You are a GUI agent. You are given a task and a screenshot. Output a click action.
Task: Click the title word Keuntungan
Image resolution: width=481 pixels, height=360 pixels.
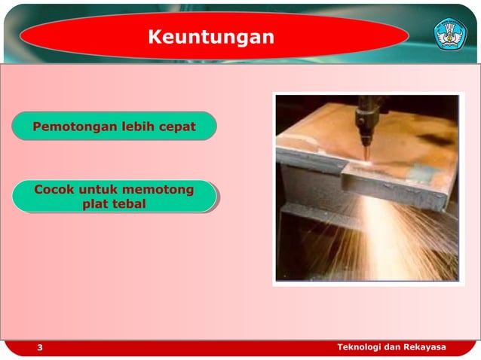[210, 37]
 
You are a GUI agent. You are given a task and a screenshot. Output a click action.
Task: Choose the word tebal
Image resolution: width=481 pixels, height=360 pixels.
[127, 204]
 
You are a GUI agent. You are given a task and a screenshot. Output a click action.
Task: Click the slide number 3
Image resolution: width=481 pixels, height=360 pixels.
[40, 348]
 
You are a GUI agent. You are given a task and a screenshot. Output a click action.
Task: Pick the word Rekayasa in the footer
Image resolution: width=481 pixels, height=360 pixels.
[424, 347]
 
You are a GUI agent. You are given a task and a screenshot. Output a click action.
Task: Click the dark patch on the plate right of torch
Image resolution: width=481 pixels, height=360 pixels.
[435, 140]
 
